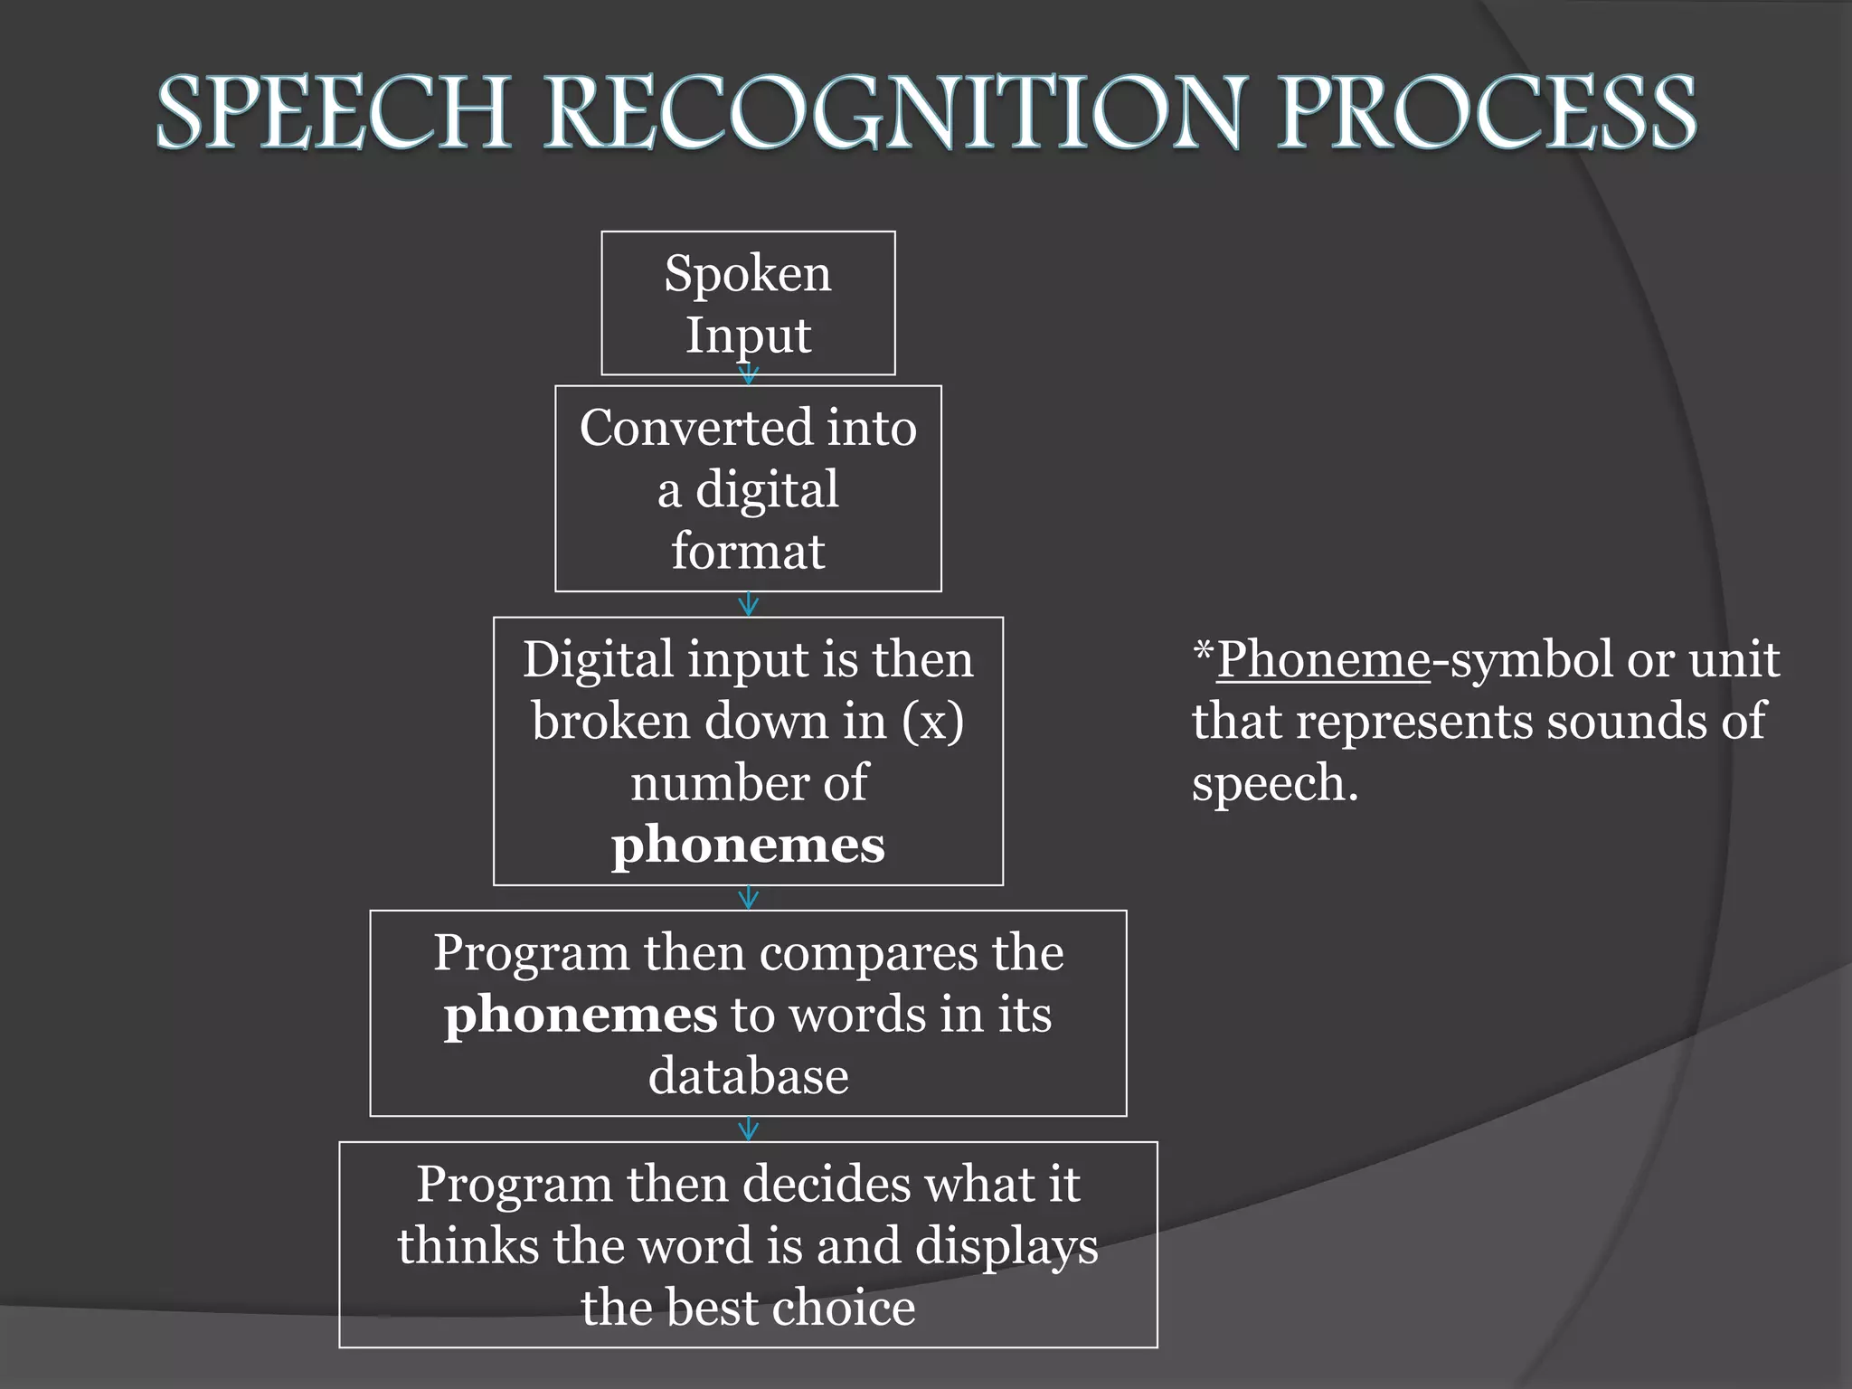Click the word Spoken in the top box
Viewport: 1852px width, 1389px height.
(747, 273)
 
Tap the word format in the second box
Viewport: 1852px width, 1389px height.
(748, 551)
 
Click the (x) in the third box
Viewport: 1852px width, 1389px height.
(932, 722)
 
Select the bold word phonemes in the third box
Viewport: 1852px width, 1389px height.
(748, 846)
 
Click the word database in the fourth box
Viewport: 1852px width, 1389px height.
(748, 1076)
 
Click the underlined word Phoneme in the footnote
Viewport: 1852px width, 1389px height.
(1323, 659)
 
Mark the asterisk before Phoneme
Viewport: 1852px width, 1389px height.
(1203, 649)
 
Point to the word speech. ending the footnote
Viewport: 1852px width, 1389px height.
(1275, 783)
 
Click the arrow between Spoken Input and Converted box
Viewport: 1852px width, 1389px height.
(748, 374)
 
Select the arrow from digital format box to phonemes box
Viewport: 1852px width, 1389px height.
(748, 604)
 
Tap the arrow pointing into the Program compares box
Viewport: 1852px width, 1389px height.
(748, 897)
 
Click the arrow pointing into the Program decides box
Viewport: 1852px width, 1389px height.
(748, 1129)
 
